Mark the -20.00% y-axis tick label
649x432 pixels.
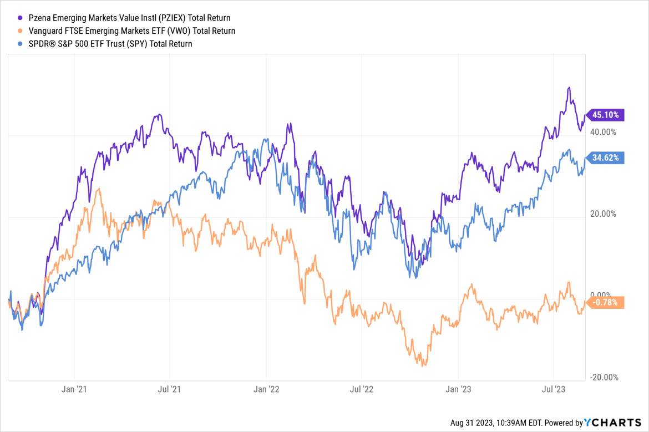604,377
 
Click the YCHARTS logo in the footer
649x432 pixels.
613,423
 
